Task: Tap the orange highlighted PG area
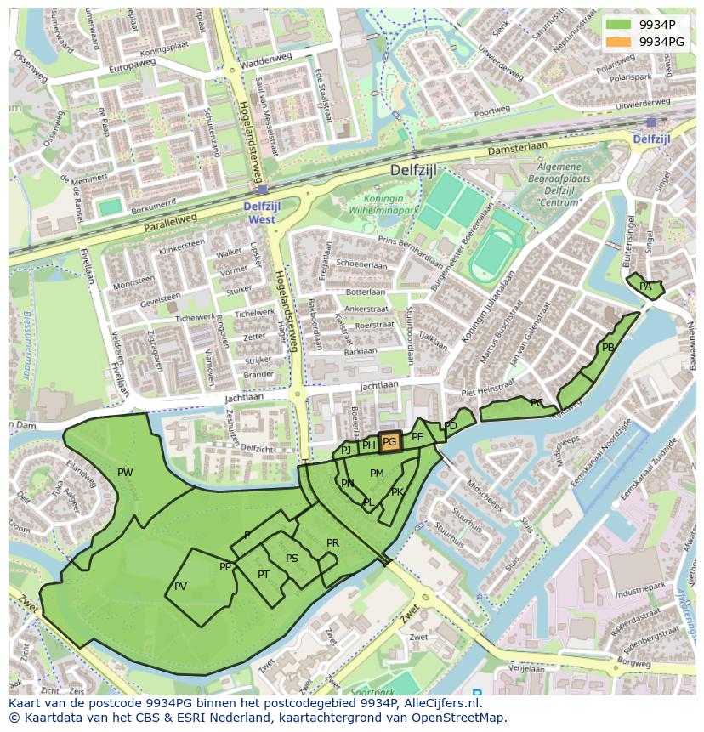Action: pos(389,441)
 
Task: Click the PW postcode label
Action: pos(125,473)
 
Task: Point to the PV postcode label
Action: pos(180,587)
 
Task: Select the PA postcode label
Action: pos(645,287)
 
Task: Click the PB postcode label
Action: pos(608,348)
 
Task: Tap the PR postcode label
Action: pos(332,543)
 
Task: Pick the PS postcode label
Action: pos(292,559)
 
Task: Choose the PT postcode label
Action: pos(264,575)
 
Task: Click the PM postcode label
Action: pos(377,474)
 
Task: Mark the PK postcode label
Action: pos(397,492)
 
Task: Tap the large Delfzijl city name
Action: pos(413,170)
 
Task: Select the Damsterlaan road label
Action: pos(517,150)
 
